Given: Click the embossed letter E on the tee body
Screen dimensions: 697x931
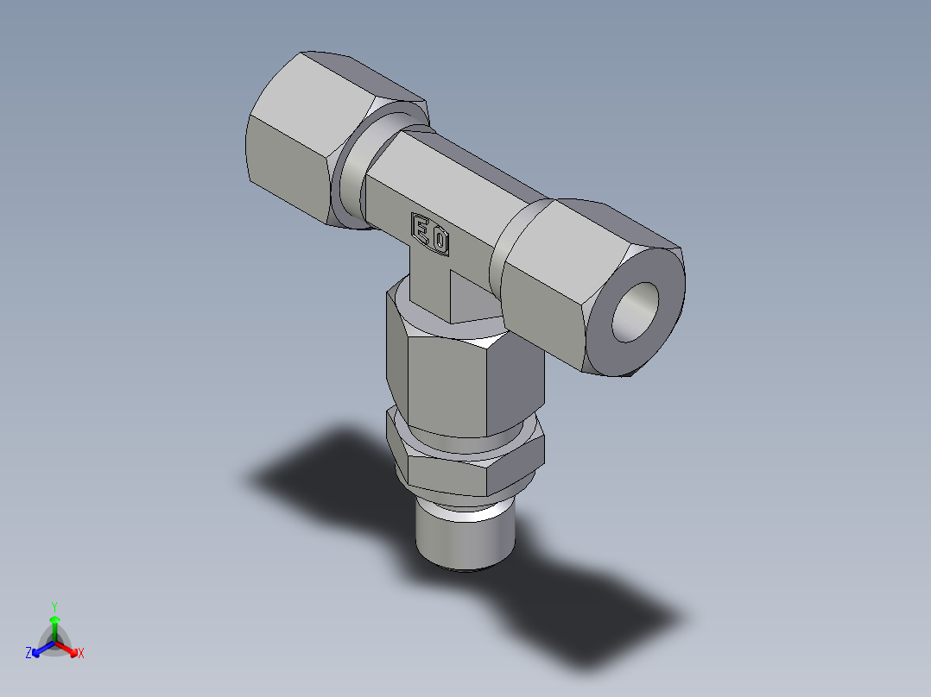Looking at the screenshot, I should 422,229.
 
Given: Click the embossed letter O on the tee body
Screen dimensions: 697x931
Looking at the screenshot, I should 440,239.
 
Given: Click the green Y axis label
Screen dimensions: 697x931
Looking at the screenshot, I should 54,606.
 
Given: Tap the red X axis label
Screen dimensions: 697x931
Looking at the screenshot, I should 81,654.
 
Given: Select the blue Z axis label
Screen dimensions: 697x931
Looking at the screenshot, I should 28,654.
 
